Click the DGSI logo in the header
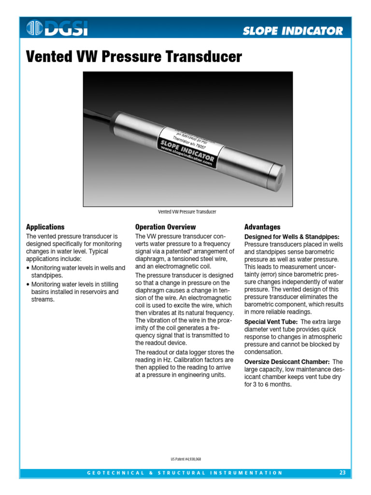point(57,29)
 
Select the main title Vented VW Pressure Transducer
point(133,57)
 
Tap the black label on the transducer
point(186,147)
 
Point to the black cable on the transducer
point(97,116)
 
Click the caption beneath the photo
point(187,212)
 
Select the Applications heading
point(45,227)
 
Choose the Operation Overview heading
point(166,227)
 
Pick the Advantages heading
point(262,227)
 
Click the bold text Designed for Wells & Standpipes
point(292,237)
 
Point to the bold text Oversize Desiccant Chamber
point(287,362)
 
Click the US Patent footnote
point(185,459)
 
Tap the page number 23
point(342,473)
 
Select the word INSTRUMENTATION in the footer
point(246,473)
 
